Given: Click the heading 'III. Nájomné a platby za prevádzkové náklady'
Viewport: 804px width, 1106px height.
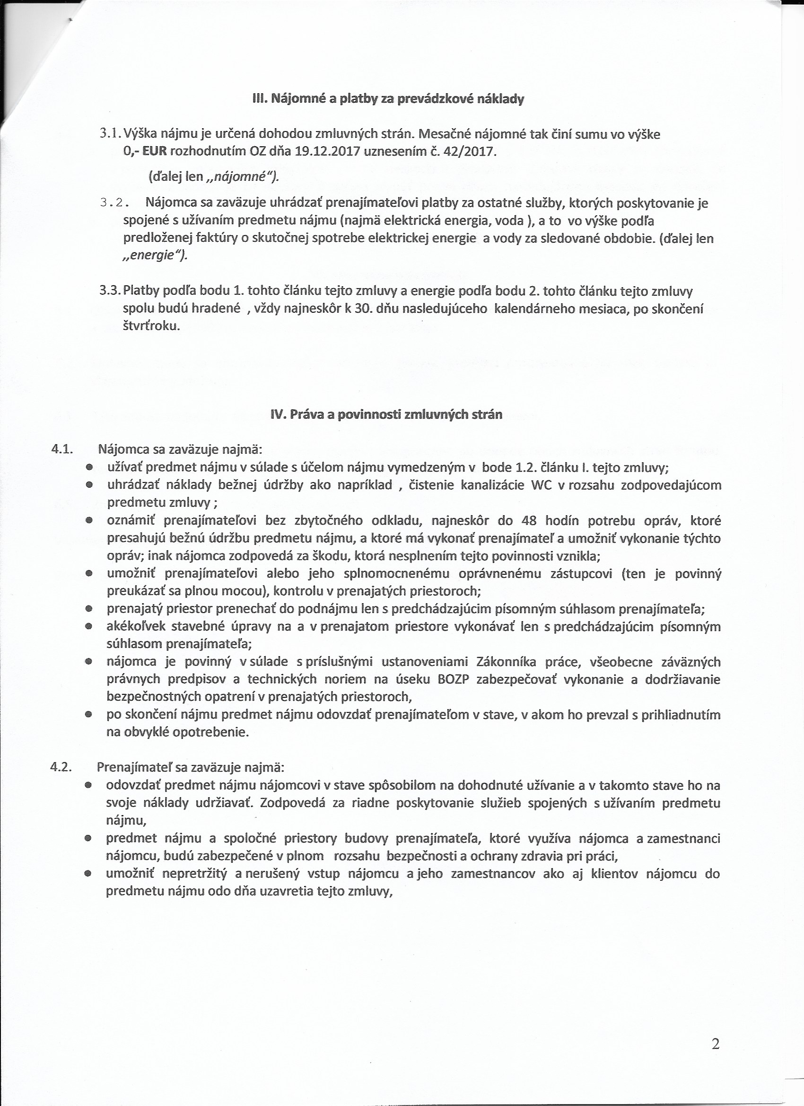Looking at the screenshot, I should click(x=388, y=99).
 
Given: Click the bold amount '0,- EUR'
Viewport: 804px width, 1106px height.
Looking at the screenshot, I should click(x=145, y=151).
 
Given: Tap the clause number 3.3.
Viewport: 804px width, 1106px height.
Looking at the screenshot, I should click(x=110, y=291).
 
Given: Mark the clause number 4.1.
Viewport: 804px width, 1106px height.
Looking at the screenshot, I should click(x=62, y=449).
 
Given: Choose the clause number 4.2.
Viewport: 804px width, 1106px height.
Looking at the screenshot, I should click(x=61, y=767).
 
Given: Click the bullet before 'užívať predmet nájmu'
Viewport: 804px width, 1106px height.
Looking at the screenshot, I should click(x=89, y=468).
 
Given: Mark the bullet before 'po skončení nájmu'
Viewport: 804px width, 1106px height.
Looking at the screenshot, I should click(x=89, y=715).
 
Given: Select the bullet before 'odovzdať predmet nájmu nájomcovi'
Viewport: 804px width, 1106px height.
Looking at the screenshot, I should click(x=88, y=786).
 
